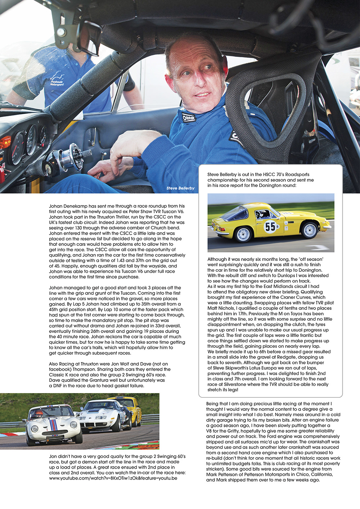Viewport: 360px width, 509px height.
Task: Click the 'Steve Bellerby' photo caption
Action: (x=180, y=188)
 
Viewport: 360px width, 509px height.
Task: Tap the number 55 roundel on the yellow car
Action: (x=270, y=226)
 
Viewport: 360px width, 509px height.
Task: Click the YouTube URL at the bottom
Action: (x=113, y=478)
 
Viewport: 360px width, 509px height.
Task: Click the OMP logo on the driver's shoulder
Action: (x=189, y=117)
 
